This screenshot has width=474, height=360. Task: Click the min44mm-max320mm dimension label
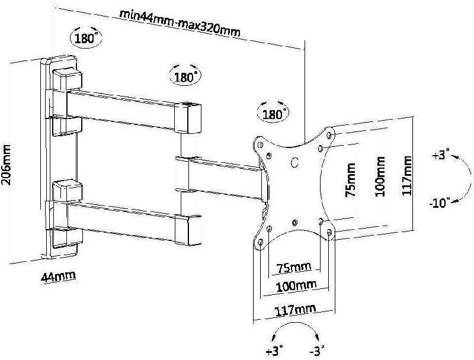click(x=180, y=23)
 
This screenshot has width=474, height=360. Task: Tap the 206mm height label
click(x=6, y=165)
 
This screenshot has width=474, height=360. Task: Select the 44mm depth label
click(x=58, y=277)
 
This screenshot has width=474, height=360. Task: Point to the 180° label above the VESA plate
click(x=273, y=114)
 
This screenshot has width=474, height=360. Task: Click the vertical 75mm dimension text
click(x=350, y=180)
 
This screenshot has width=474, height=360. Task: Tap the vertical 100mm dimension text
click(x=380, y=176)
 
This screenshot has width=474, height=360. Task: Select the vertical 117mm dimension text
click(x=407, y=175)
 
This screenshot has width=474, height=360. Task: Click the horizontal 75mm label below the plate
click(x=294, y=268)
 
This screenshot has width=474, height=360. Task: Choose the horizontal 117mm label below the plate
click(x=295, y=310)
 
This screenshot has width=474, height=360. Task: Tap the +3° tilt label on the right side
click(x=441, y=155)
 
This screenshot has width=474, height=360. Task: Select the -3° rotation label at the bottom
click(x=317, y=351)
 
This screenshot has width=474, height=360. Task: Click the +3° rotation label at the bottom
click(x=274, y=351)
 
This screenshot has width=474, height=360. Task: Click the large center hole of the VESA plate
click(x=294, y=162)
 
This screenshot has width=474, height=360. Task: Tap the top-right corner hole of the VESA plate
click(x=329, y=134)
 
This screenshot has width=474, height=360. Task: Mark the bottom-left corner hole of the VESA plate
click(x=260, y=242)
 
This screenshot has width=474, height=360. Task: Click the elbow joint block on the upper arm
click(x=188, y=118)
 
